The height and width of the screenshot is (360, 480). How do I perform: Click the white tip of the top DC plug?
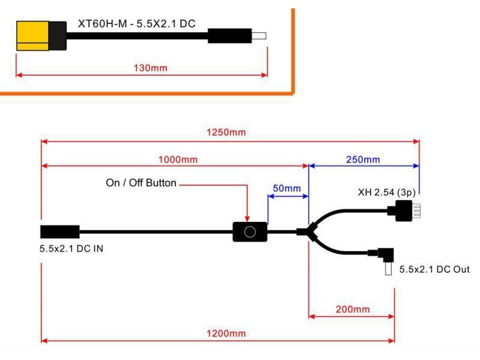point(259,35)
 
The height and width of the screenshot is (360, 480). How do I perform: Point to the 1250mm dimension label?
point(229,132)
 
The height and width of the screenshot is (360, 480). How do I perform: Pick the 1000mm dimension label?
point(178,160)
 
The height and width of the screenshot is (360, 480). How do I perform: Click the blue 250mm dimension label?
point(363,160)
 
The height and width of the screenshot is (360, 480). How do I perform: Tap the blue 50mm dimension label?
point(287,188)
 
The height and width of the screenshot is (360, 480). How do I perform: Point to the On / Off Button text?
point(141,183)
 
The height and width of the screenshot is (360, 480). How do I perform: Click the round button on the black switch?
point(249,231)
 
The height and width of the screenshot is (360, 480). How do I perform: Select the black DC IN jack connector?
point(59,231)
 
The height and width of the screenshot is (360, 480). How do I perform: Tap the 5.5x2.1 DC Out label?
point(434,269)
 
